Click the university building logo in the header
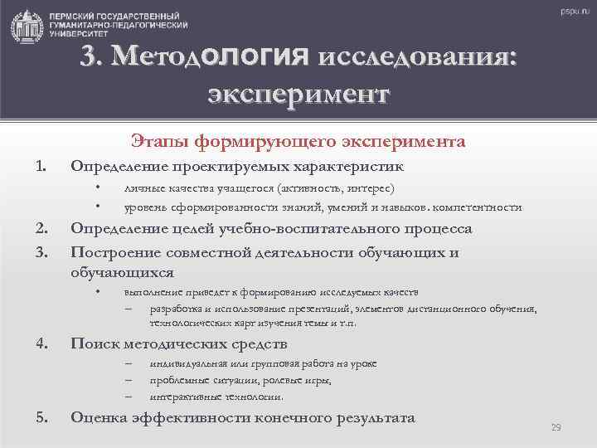tap(27, 26)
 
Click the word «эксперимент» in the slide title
tap(298, 90)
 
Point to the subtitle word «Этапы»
tap(156, 142)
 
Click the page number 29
tap(556, 427)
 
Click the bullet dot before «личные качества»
tap(98, 188)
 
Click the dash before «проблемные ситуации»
tap(129, 381)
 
